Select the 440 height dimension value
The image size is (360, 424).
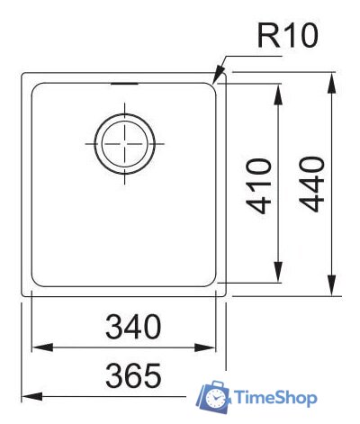[310, 184]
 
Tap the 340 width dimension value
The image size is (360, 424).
[130, 327]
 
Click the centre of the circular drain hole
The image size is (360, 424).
[125, 143]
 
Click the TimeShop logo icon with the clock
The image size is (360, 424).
[213, 396]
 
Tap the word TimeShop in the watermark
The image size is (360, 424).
[274, 397]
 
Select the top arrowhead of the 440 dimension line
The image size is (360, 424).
[334, 74]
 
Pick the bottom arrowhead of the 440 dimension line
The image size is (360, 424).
[334, 293]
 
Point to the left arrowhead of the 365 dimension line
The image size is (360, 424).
[23, 394]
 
